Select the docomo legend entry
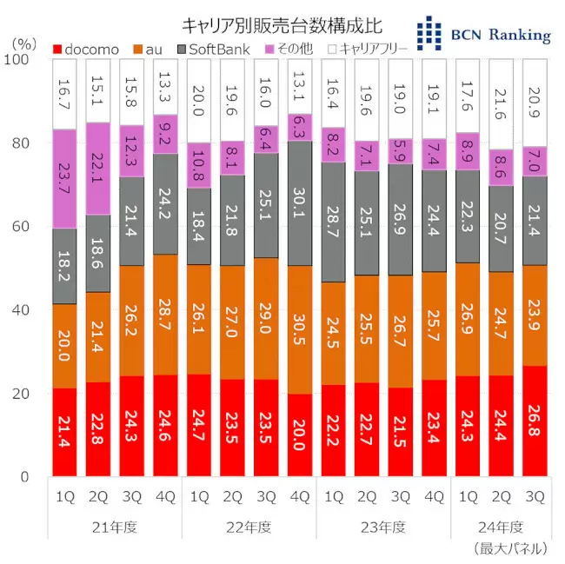point(86,49)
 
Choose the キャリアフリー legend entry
point(366,49)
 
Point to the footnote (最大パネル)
point(511,548)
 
